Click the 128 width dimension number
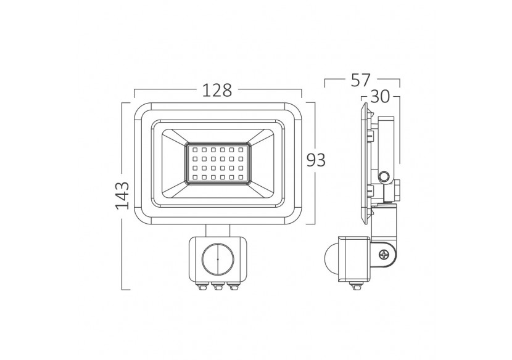[x=218, y=91]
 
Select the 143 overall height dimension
[x=122, y=195]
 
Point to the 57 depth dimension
[x=362, y=80]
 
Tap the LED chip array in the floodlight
[x=218, y=163]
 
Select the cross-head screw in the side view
[x=386, y=253]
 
